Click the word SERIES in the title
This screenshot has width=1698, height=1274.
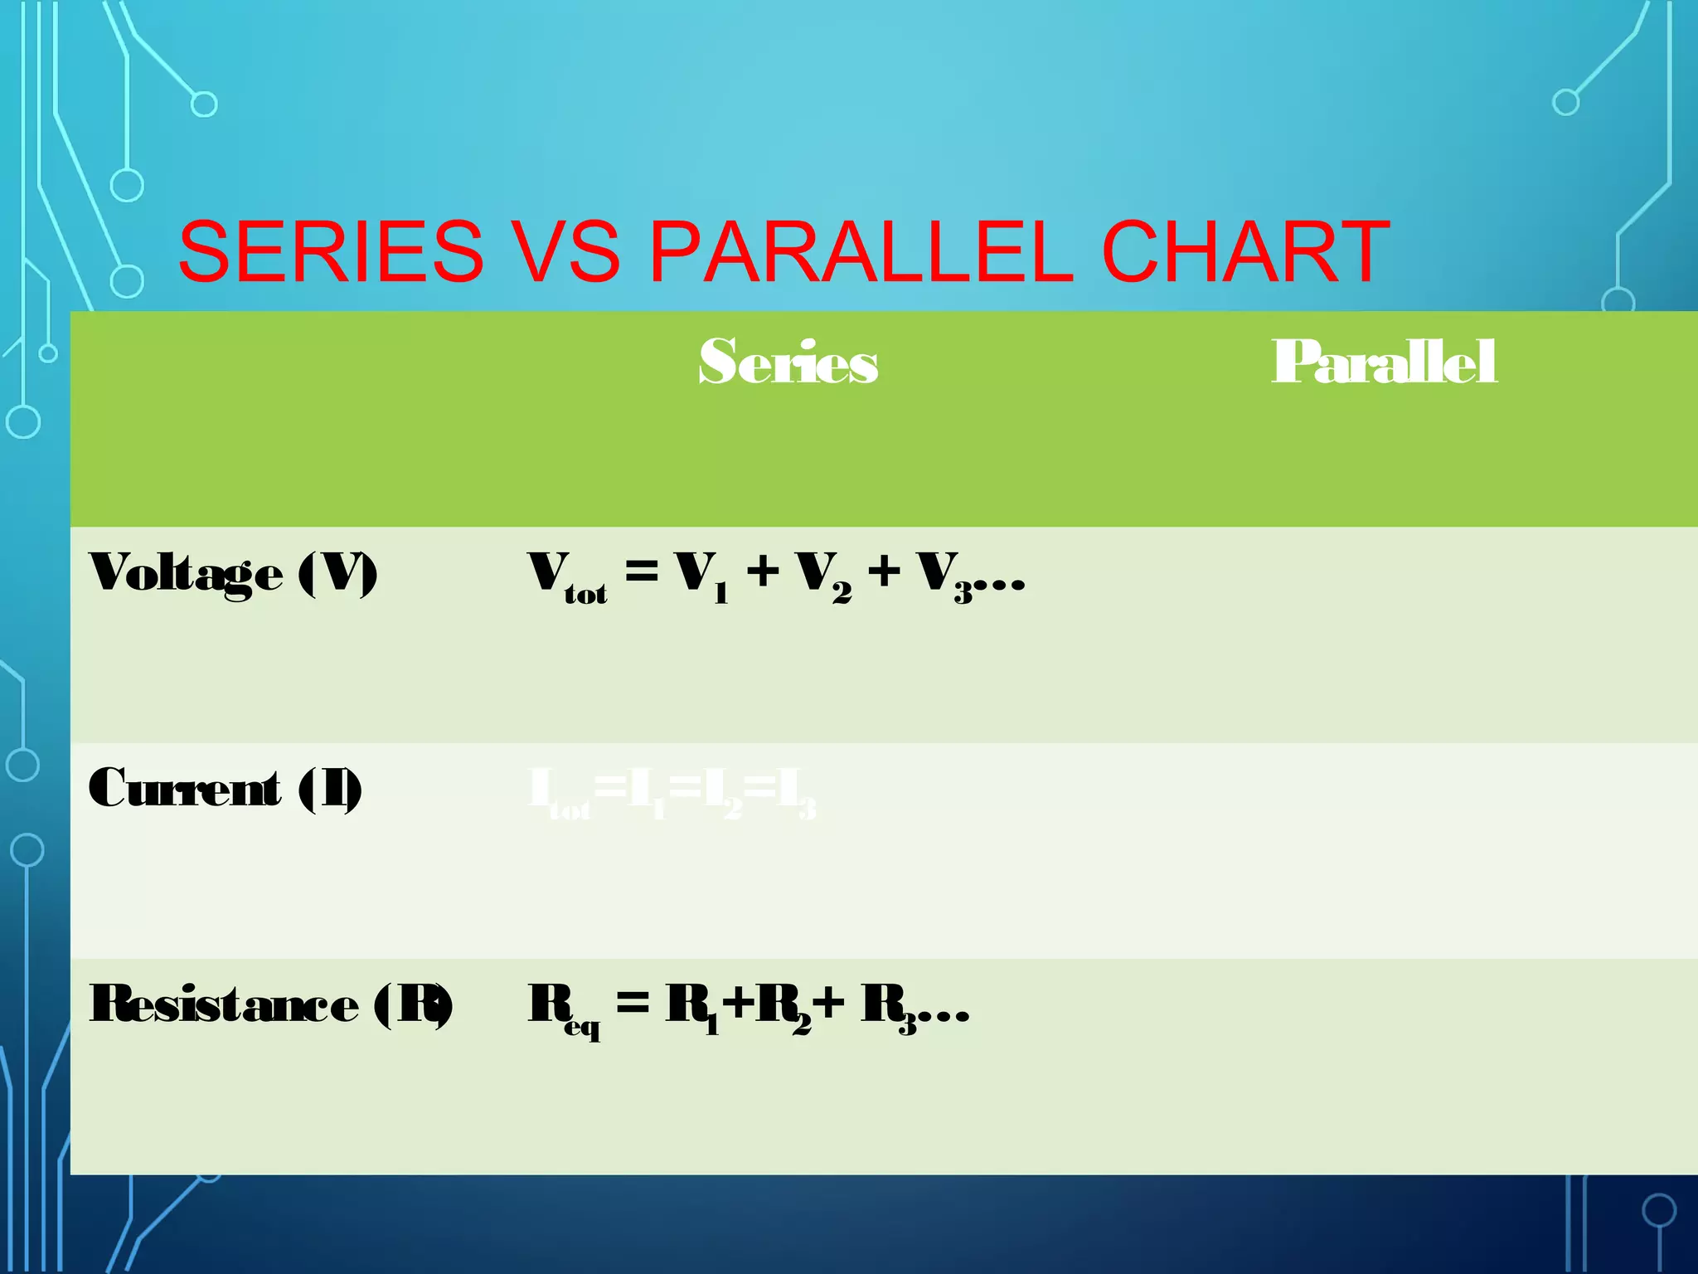coord(331,251)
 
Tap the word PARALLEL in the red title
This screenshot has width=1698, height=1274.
coord(861,251)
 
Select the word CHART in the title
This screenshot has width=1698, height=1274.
coord(1245,251)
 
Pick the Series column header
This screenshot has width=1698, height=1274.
coord(788,362)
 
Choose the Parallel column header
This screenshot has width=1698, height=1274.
coord(1384,362)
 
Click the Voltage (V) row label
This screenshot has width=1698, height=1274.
coord(233,573)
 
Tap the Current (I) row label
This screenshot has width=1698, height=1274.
coord(225,789)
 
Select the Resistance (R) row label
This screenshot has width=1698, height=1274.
coord(271,1004)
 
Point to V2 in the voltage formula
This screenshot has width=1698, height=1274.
coord(823,576)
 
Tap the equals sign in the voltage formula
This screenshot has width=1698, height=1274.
coord(642,571)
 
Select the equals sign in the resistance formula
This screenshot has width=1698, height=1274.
coord(633,1004)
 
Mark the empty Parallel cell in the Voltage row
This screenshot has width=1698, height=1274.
coord(1384,635)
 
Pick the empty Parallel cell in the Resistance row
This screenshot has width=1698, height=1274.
coord(1384,1066)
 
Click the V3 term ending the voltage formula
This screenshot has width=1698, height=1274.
coord(945,576)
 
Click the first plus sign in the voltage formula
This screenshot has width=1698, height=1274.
coord(763,571)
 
